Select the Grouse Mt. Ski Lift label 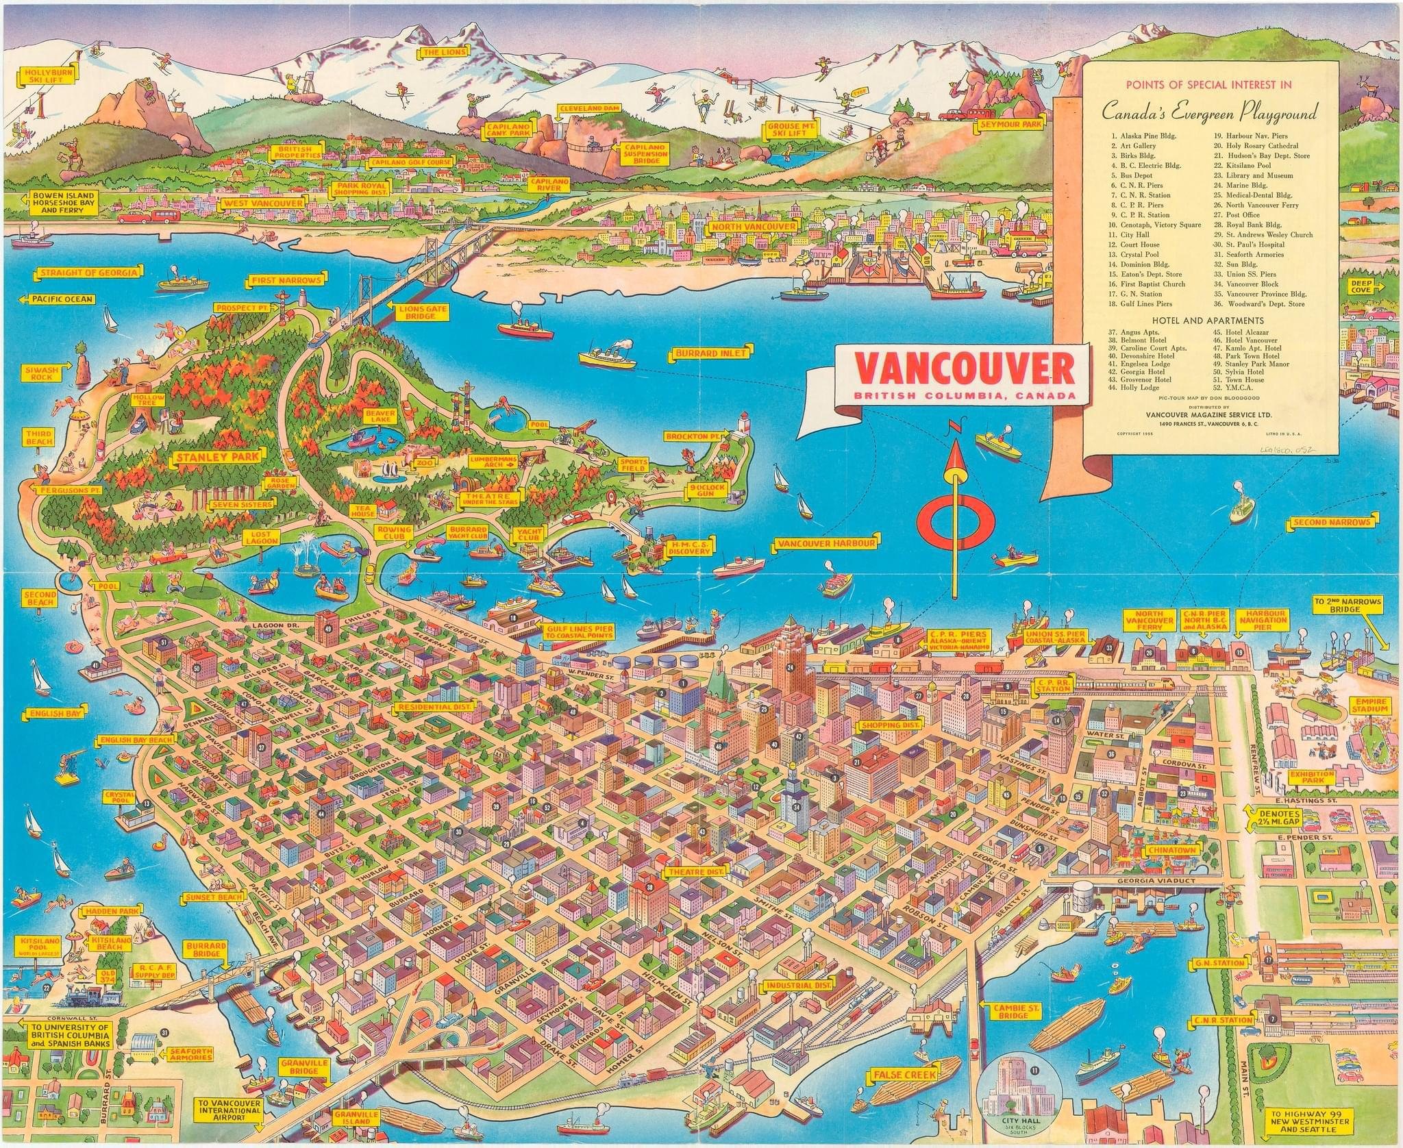788,129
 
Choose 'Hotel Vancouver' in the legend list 1251,340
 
